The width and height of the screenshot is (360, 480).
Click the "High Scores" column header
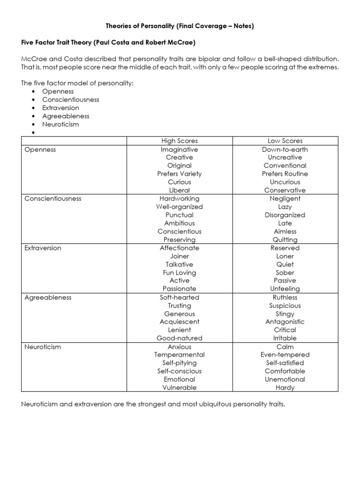[x=179, y=141]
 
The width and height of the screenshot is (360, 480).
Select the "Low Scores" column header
[x=285, y=141]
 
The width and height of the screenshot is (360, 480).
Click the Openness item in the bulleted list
[x=58, y=91]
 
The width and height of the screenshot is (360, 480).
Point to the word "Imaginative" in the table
[x=179, y=150]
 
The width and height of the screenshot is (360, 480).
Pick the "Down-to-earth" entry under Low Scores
[x=285, y=150]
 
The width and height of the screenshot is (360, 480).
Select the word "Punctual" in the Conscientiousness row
[x=179, y=215]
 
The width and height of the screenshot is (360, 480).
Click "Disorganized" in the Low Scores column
[x=285, y=215]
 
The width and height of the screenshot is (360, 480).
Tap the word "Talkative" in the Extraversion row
[x=179, y=264]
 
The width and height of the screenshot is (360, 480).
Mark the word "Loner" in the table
[x=285, y=256]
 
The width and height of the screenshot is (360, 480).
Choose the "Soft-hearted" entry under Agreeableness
[x=179, y=297]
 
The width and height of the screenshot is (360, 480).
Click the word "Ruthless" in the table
[x=285, y=297]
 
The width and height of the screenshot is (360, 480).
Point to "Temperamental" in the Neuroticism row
[x=179, y=355]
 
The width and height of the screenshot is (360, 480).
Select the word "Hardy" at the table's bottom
[x=285, y=388]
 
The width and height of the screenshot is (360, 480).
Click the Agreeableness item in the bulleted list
[x=66, y=116]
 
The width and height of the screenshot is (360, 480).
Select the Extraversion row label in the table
[x=43, y=248]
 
